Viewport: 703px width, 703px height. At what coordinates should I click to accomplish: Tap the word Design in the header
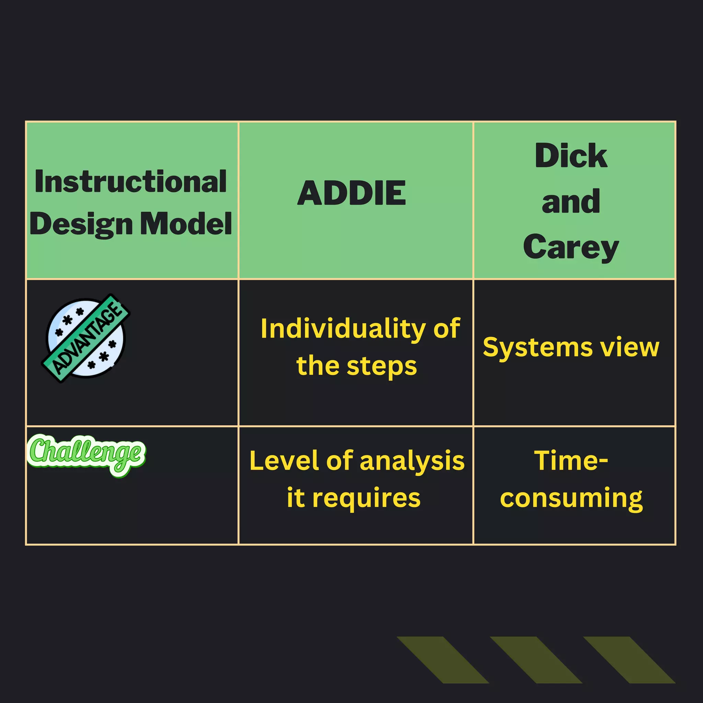coord(81,224)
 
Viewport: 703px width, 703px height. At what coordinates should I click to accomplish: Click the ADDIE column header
coord(351,193)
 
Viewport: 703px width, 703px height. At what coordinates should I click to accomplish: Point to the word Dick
coord(571,156)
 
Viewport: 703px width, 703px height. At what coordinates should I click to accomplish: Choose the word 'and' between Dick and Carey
coord(571,201)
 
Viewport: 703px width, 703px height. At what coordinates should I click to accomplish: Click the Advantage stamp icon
coord(86,338)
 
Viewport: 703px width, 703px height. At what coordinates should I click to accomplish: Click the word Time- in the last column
coord(571,461)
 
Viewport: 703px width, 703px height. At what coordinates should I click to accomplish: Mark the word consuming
coord(571,498)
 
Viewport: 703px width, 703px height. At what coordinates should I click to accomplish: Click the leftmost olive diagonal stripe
coord(442,660)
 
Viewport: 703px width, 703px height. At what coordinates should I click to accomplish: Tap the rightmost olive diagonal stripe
coord(629,660)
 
